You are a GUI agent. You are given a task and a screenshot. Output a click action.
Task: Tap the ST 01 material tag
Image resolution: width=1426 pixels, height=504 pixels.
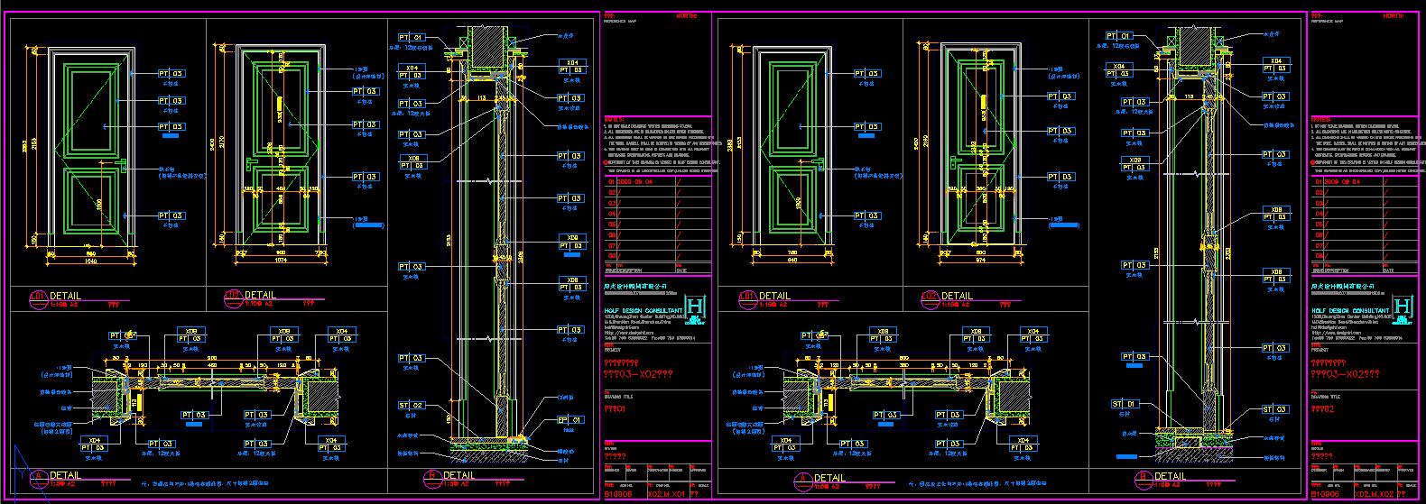1128,404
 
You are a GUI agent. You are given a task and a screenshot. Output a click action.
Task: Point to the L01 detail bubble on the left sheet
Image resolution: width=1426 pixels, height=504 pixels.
39,296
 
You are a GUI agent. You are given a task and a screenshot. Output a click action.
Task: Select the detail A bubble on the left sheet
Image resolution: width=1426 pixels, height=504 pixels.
38,476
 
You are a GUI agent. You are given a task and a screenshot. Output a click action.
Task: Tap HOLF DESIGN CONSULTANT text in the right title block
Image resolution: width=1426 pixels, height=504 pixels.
1350,310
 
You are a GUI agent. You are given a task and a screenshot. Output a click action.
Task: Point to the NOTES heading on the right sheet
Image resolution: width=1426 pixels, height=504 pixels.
1320,118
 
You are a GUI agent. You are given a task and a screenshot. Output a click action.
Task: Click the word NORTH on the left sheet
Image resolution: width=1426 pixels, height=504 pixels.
687,15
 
